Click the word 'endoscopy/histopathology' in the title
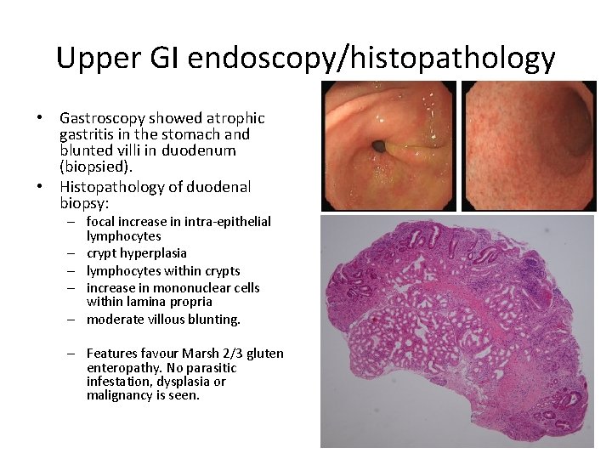pos(371,58)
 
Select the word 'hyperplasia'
pos(153,253)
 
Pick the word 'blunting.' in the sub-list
pos(212,320)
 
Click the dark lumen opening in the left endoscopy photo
pos(379,148)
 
